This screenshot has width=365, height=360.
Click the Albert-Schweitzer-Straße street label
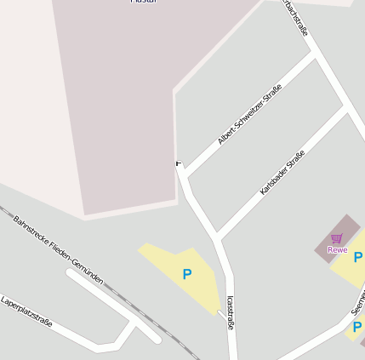(249, 119)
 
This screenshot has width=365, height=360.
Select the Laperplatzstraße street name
(26, 311)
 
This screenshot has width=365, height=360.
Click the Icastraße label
(231, 313)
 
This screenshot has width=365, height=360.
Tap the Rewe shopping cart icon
(337, 238)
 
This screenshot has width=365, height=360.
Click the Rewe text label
(337, 250)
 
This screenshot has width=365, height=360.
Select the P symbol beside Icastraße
(187, 274)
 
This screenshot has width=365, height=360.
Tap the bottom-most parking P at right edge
(357, 327)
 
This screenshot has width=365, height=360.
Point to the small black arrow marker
(178, 163)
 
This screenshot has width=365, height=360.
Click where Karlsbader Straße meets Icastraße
(219, 236)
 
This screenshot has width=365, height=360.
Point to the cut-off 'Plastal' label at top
(142, 3)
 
